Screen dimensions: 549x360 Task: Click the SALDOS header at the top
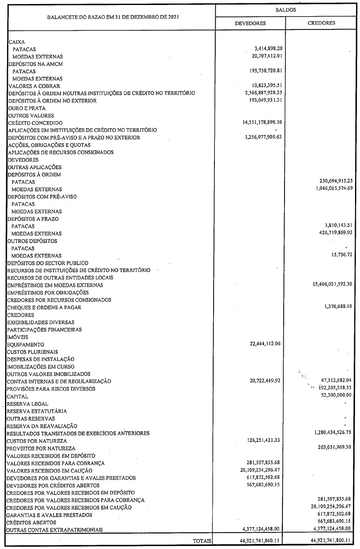[x=286, y=9]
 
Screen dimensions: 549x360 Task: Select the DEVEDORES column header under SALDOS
[x=250, y=23]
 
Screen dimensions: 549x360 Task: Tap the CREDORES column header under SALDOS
[x=321, y=23]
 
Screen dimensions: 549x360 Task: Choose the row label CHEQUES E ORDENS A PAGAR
[x=44, y=307]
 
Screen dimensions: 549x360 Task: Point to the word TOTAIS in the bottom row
[x=202, y=541]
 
